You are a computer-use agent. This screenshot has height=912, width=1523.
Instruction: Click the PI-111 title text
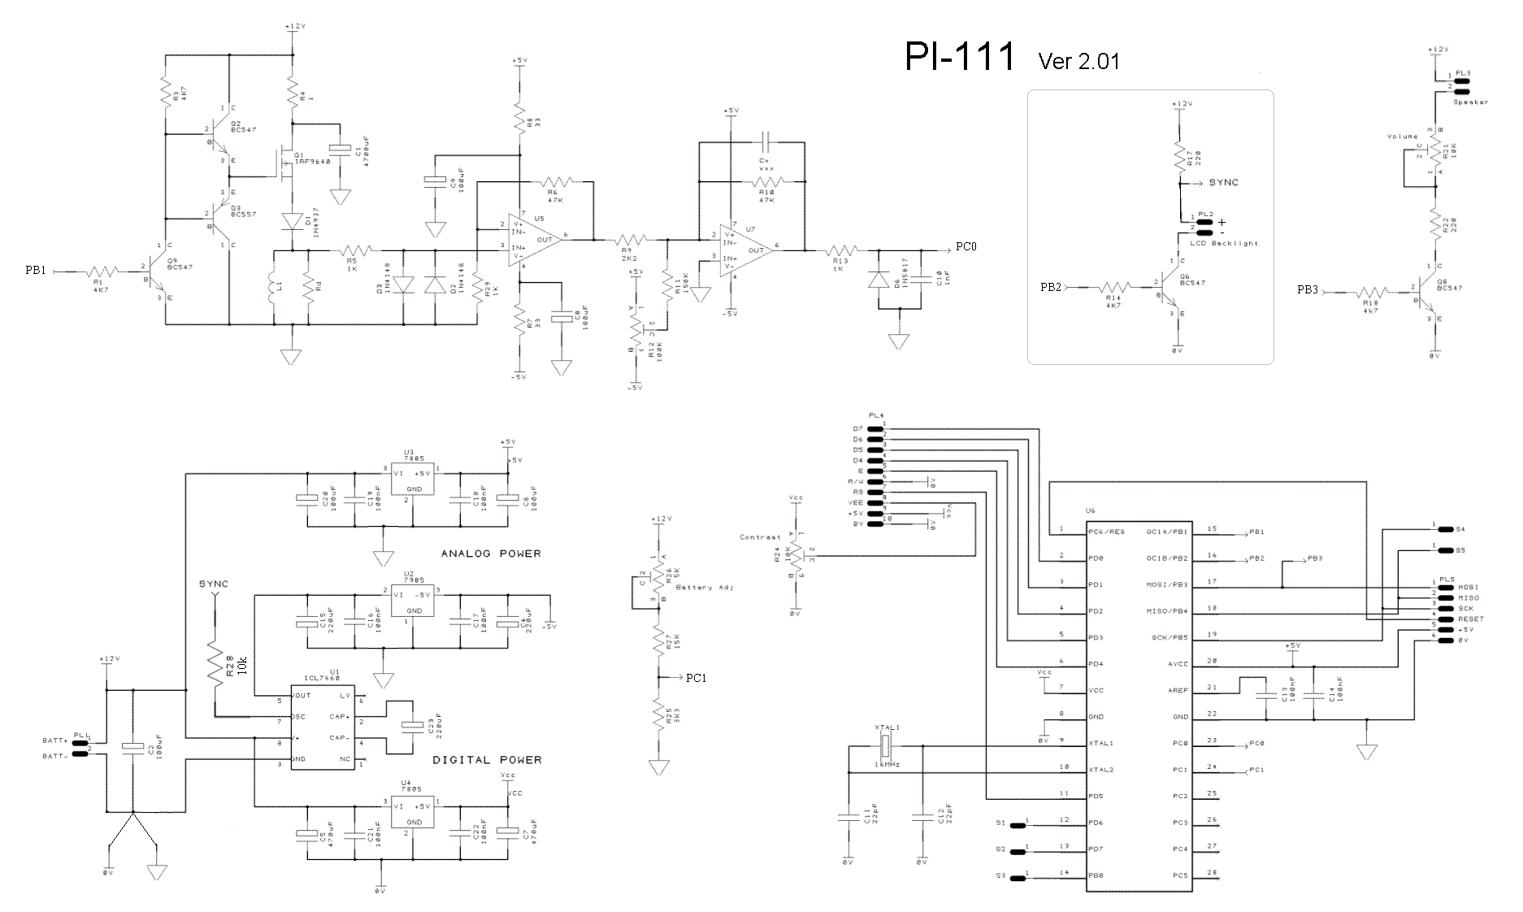(960, 57)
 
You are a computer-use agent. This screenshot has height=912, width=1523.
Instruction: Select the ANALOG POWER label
(491, 554)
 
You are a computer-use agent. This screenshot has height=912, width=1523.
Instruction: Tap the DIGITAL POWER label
(487, 760)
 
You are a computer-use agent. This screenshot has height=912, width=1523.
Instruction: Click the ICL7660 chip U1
(323, 728)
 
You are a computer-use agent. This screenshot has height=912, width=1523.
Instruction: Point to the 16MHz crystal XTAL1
(887, 745)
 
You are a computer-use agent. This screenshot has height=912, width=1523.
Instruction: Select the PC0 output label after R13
(965, 246)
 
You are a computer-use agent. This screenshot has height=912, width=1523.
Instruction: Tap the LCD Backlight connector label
(1223, 243)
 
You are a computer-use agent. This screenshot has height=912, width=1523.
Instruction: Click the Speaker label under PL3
(1470, 102)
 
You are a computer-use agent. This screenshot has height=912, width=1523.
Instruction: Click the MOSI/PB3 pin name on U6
(1167, 585)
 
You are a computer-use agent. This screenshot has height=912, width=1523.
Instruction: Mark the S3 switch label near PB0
(1000, 875)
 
